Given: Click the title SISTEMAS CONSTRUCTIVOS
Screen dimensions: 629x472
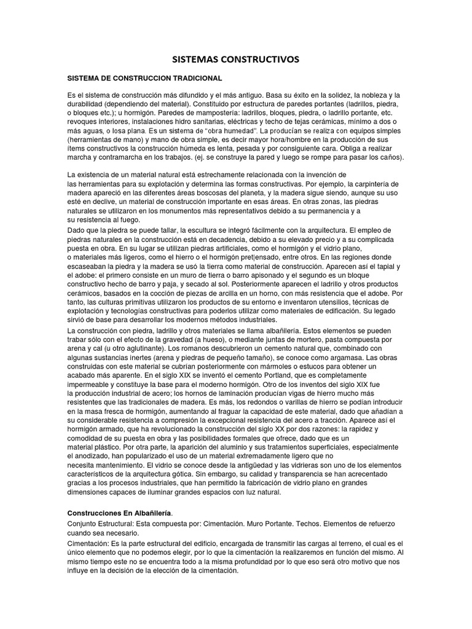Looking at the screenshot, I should tap(235, 60).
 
